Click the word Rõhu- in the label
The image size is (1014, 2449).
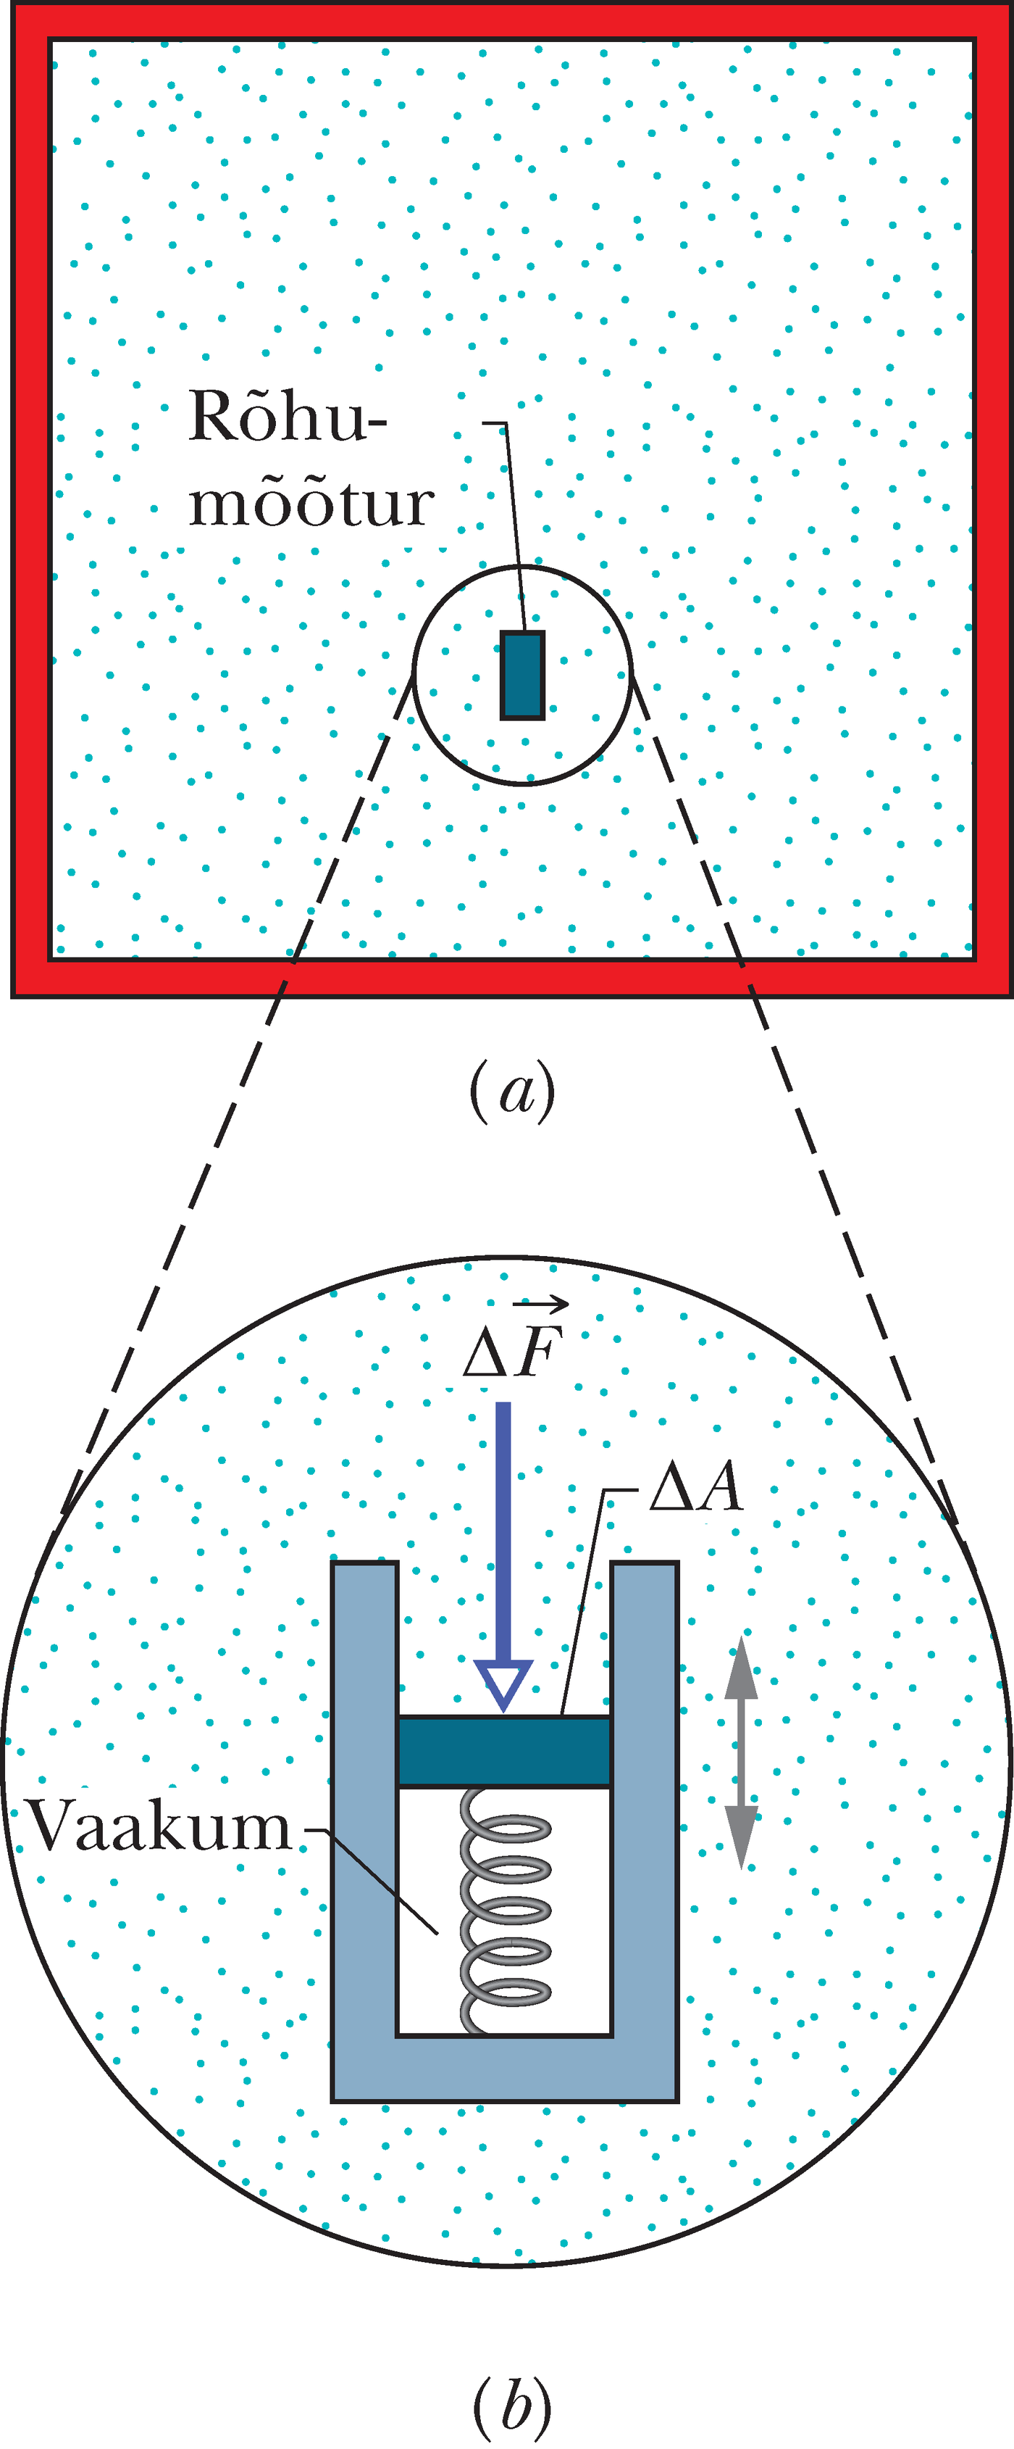[287, 417]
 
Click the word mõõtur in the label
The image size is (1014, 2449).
[311, 503]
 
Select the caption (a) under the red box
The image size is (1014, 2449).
[512, 1092]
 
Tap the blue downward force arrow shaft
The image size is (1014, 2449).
[503, 1531]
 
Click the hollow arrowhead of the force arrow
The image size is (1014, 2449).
[503, 1684]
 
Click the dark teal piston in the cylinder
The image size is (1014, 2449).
[503, 1751]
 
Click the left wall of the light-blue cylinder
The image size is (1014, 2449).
[364, 1806]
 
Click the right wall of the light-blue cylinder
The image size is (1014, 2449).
[645, 1806]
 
